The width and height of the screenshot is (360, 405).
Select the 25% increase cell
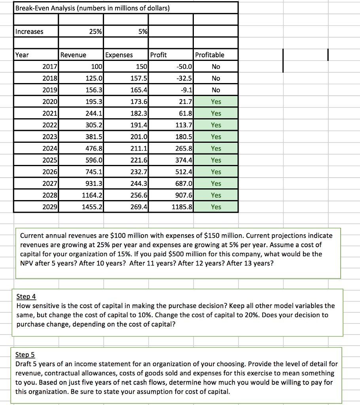click(95, 31)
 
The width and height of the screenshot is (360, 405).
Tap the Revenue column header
click(73, 55)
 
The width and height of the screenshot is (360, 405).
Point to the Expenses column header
click(119, 55)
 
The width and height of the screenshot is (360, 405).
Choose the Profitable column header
click(210, 55)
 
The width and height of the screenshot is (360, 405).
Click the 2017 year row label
click(49, 66)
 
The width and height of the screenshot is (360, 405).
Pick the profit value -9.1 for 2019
click(186, 90)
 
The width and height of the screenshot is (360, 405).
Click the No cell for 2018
click(216, 78)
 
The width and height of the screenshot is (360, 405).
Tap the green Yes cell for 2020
click(216, 102)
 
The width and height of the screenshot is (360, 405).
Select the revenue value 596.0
click(95, 160)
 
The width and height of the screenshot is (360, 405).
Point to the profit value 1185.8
click(182, 207)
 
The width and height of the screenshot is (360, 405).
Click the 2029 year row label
click(49, 207)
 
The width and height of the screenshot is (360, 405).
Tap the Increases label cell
click(29, 31)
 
